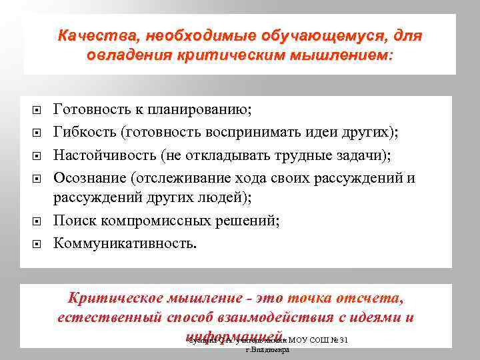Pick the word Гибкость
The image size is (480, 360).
coord(84,132)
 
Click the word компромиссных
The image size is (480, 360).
coord(159,221)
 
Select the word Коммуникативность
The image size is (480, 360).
coord(125,242)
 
